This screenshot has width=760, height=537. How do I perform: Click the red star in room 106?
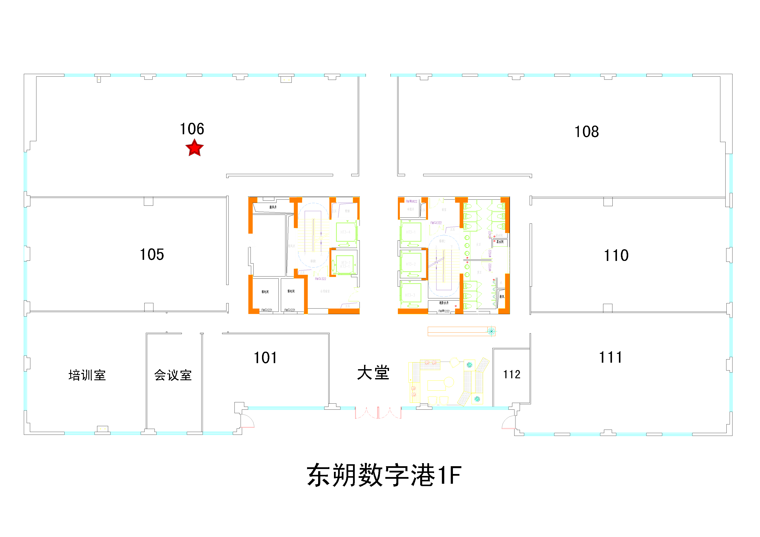(194, 148)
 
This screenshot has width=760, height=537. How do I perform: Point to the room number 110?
(616, 256)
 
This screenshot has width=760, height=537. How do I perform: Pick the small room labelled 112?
(512, 375)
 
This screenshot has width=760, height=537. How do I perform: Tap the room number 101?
(265, 358)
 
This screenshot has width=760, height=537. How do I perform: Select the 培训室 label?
(87, 375)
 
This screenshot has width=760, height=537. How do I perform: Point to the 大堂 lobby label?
(373, 373)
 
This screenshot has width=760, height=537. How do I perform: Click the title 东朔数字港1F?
(384, 475)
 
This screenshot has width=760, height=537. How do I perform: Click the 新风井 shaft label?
(273, 207)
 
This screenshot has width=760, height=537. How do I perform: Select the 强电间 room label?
(265, 292)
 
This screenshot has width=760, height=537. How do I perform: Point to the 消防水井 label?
(444, 303)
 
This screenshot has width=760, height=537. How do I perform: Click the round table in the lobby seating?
(449, 382)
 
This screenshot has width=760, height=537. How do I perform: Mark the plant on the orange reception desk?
(491, 331)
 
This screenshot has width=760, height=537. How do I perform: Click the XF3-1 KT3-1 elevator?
(345, 265)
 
